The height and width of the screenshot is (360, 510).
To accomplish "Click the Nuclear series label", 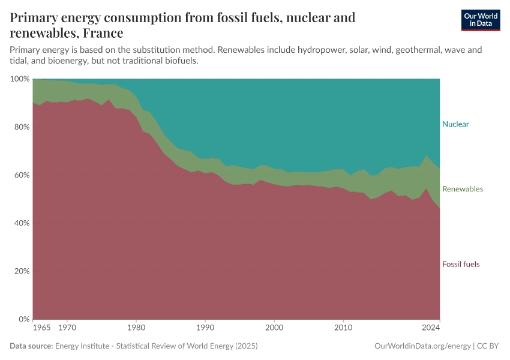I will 455,124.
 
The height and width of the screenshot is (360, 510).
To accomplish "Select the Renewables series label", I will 462,189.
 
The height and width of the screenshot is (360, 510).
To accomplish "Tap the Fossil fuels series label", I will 461,264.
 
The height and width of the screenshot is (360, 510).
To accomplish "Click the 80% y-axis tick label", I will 21,127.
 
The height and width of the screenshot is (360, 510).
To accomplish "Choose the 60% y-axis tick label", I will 21,175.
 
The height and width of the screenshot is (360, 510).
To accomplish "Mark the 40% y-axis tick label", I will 21,223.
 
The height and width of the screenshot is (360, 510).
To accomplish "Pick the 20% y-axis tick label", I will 21,271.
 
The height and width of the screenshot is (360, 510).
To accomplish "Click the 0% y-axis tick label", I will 23,319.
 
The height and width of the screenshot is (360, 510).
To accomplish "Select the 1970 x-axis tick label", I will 67,329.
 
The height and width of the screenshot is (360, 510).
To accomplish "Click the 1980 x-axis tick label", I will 136,329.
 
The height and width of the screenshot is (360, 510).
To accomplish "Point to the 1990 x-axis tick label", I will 205,329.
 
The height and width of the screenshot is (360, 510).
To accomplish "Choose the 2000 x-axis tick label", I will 274,329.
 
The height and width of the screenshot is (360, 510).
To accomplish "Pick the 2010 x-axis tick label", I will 343,329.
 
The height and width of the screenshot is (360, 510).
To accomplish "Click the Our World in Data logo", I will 480,20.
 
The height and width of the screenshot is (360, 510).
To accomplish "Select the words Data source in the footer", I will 31,346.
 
